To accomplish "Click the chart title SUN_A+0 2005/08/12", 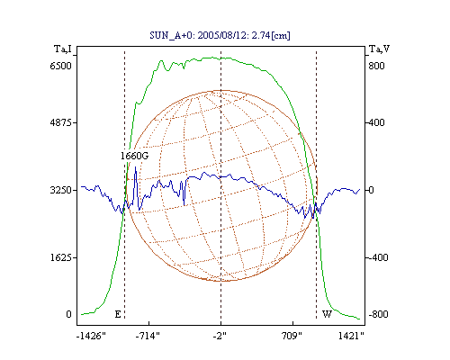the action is point(220,35).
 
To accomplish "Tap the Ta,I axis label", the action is point(63,49).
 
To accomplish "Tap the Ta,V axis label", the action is point(379,49).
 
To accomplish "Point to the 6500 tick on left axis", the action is point(61,66).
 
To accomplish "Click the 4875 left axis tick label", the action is point(61,122).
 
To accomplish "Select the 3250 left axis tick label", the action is point(61,190).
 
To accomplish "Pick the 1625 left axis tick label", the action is point(61,257).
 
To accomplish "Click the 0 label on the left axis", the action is point(68,314).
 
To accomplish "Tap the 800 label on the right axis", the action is point(376,66).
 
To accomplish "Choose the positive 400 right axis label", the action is point(376,122).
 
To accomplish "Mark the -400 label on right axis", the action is point(378,257).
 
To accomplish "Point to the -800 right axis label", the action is point(378,314).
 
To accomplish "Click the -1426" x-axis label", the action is point(91,336).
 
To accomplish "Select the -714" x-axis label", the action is point(148,336).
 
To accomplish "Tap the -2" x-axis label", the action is point(220,336).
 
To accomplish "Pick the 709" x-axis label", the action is point(292,336).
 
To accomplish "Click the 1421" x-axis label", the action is point(351,336).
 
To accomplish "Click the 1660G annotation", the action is point(134,156).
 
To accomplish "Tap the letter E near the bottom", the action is point(118,314).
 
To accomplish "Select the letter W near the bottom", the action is point(327,314).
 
